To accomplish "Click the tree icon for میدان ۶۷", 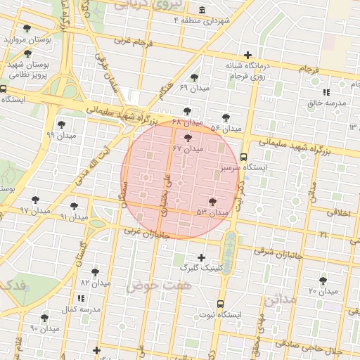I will [x=187, y=137].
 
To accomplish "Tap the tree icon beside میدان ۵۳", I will [x=212, y=202].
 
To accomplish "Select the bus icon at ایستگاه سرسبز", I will [x=243, y=157].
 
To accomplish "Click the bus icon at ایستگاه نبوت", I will [x=221, y=304].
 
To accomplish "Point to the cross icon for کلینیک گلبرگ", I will [x=202, y=257].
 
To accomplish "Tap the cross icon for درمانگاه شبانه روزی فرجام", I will [x=247, y=56].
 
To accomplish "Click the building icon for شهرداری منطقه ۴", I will [x=202, y=9].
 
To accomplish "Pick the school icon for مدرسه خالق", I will [x=326, y=92].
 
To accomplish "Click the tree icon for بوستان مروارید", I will [x=27, y=29].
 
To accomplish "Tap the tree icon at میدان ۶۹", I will [x=194, y=77].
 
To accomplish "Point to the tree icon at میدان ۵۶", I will [x=226, y=118].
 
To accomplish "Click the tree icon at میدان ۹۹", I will [x=61, y=124].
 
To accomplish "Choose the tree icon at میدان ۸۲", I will [x=95, y=272].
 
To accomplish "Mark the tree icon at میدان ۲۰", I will [x=323, y=281].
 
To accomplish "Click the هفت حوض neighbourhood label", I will [x=149, y=286].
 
